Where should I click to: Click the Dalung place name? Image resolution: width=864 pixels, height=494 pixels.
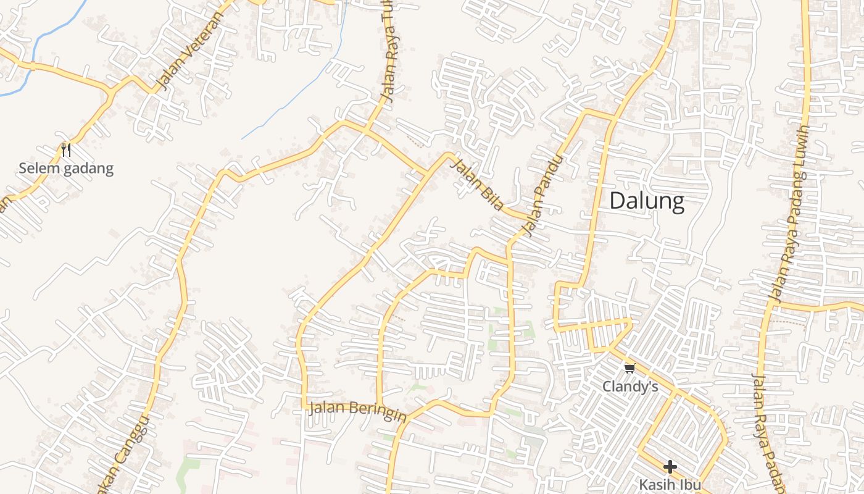point(647,201)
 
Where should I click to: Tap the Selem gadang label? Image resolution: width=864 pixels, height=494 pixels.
point(66,168)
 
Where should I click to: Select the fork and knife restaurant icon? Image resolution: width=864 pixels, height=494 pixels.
point(66,149)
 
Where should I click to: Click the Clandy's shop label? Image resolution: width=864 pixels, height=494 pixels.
point(630,387)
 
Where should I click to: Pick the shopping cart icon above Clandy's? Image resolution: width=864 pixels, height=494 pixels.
point(629,369)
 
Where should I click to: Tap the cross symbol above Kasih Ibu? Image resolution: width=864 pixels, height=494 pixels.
point(670,467)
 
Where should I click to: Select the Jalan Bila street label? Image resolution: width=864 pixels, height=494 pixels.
point(476,184)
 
